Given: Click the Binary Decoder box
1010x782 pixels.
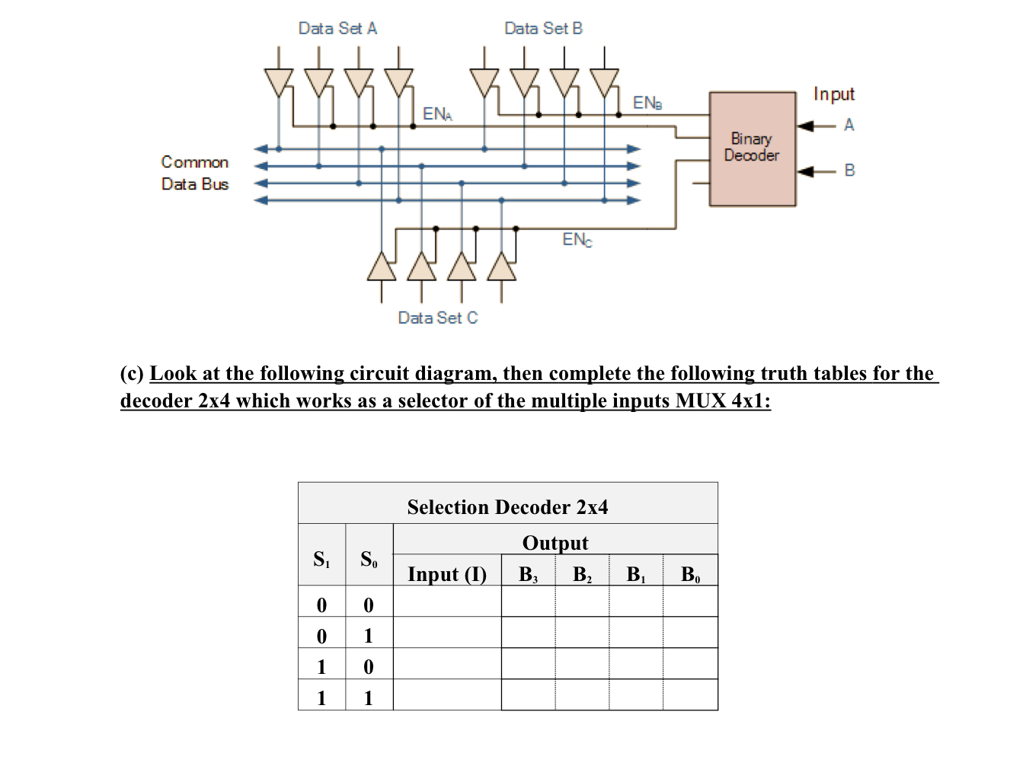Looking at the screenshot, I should (752, 148).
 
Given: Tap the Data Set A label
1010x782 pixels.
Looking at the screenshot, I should (337, 29).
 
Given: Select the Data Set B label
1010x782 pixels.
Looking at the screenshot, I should (543, 29).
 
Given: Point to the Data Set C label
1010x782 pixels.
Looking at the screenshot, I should (438, 318).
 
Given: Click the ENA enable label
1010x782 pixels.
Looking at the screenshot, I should (437, 114).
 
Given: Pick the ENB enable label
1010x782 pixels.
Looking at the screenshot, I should (647, 103).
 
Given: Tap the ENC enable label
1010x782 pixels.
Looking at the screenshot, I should (577, 240).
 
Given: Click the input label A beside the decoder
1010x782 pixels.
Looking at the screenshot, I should (849, 125).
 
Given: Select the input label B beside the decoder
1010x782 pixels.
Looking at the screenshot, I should (849, 171).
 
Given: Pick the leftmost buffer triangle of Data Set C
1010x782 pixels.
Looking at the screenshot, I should (382, 267).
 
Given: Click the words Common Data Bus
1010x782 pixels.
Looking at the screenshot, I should (195, 173).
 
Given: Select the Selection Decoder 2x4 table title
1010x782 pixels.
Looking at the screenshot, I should (507, 507).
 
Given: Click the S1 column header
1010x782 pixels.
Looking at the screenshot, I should (321, 560).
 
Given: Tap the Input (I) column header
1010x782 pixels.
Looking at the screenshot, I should (447, 574).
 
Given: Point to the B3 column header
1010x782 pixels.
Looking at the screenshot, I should (528, 574).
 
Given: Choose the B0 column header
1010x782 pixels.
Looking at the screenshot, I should (689, 574).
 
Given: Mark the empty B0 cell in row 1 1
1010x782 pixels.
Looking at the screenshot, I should (690, 695).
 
